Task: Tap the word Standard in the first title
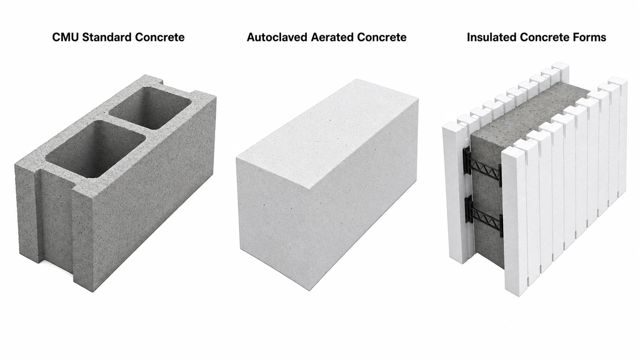[x=107, y=37]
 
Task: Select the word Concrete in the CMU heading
[x=159, y=37]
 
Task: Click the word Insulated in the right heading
[x=492, y=37]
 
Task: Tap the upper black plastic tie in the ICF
[x=483, y=167]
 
